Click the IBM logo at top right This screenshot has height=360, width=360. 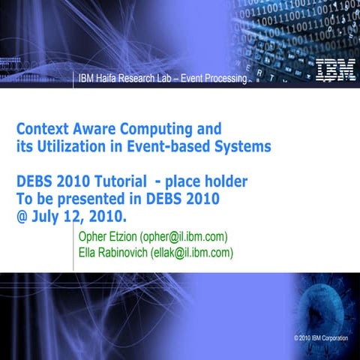[330, 70]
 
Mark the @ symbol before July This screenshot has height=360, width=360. [22, 217]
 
